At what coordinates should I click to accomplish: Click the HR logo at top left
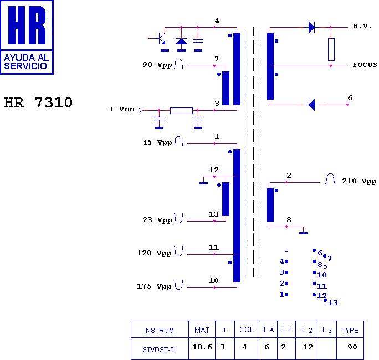click(27, 37)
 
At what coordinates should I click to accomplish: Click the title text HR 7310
click(38, 102)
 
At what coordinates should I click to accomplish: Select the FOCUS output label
click(365, 65)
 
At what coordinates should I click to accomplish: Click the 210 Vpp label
click(359, 181)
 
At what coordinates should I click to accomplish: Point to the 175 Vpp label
click(154, 287)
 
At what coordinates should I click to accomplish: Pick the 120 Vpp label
click(154, 253)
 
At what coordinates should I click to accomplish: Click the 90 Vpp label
click(157, 65)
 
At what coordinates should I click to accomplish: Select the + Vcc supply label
click(122, 110)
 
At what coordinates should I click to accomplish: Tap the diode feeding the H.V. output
click(311, 27)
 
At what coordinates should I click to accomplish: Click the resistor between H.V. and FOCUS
click(331, 49)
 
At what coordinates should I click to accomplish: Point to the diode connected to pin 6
click(311, 104)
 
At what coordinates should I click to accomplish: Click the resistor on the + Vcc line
click(181, 110)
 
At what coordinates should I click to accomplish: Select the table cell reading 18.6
click(202, 347)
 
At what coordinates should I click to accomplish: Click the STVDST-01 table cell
click(160, 349)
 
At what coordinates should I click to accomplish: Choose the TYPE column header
click(350, 331)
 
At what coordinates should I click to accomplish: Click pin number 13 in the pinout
click(333, 303)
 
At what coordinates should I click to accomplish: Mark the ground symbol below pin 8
click(303, 233)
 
